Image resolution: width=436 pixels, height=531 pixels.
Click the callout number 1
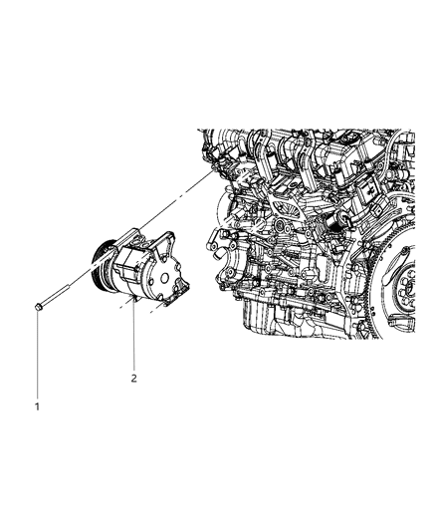pyautogui.click(x=37, y=405)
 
